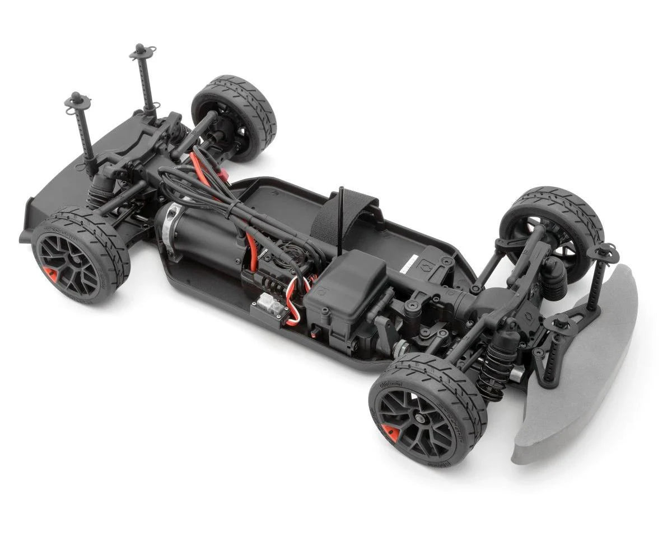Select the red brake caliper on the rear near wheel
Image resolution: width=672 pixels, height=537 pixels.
tap(50, 274)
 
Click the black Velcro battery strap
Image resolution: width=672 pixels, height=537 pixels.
tap(342, 215)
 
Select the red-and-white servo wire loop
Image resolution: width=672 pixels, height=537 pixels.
tap(292, 305)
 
